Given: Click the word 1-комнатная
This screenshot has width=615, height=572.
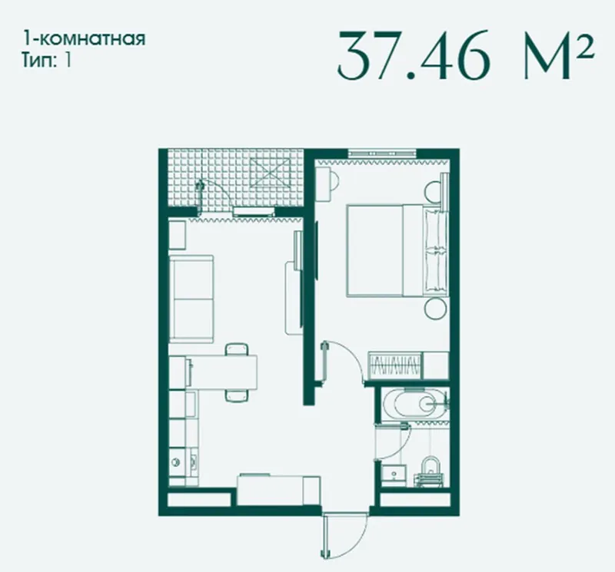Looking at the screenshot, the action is (x=84, y=39).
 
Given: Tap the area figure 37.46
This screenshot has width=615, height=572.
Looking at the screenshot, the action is (x=414, y=55).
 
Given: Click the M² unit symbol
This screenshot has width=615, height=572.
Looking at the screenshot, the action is (x=559, y=55).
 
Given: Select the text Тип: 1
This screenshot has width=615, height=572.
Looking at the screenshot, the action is (x=47, y=61).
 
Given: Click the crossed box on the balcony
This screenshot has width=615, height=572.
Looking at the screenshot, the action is (x=271, y=175).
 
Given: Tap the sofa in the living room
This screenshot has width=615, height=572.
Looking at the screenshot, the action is (x=191, y=299).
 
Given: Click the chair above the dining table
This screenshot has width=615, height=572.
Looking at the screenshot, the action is (x=237, y=349).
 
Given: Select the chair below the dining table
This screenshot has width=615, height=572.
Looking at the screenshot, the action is (x=237, y=395).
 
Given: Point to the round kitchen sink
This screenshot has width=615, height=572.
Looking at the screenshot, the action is (x=175, y=463).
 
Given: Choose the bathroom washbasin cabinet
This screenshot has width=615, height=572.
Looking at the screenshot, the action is (x=394, y=474).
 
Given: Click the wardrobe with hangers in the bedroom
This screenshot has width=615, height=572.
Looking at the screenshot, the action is (x=394, y=365).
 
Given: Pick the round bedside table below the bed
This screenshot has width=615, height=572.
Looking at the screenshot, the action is (x=435, y=308).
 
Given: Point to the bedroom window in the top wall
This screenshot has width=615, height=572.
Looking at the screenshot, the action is (x=382, y=154).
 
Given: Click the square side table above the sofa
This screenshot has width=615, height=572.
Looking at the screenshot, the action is (x=178, y=235).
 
